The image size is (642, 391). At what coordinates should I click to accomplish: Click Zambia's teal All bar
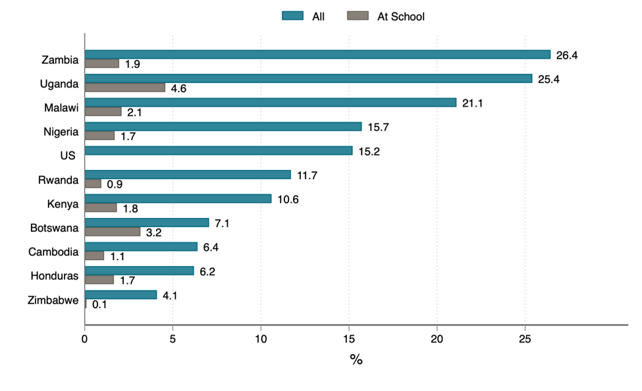point(317,55)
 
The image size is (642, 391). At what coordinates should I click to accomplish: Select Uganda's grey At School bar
point(124,88)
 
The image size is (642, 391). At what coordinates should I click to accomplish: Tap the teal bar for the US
point(219,151)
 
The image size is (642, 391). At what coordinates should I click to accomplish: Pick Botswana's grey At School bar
point(113,232)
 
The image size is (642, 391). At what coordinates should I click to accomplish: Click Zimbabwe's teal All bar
point(120,295)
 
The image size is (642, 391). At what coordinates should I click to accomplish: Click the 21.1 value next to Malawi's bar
point(473,103)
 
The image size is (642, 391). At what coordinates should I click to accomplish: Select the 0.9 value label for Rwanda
point(115,184)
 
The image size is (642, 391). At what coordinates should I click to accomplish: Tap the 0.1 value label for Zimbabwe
point(100,305)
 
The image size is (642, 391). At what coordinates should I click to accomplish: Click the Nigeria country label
point(61,132)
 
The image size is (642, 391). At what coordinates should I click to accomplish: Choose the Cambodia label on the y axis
point(53,251)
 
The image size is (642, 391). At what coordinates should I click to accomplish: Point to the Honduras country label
point(55,276)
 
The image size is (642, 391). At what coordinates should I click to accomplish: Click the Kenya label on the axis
point(64,204)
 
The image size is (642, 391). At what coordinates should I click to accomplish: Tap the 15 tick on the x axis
point(349,339)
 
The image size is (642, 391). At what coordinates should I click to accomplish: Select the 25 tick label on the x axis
point(525,339)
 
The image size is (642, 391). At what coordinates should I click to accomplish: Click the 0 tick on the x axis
point(85,339)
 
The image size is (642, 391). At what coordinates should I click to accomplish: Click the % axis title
point(356,360)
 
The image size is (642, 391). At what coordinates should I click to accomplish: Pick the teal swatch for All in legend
point(292,16)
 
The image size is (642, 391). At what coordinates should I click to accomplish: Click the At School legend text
point(400,16)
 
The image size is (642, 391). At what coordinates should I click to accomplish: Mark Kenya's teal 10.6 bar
point(178,199)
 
